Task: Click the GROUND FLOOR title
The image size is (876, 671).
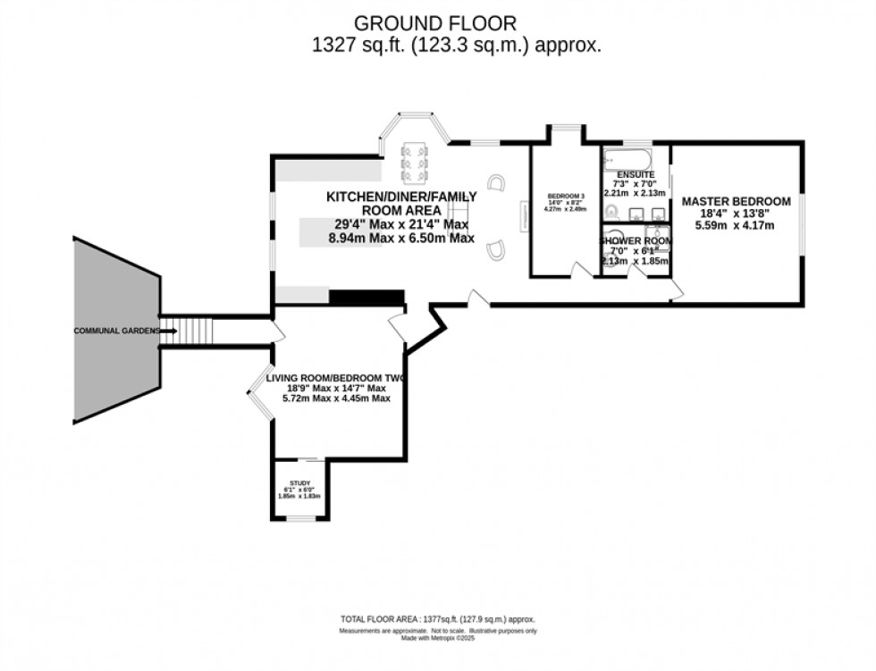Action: pos(437,21)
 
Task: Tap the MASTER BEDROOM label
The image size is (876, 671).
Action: pos(736,202)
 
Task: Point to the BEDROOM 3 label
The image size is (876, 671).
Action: pos(566,197)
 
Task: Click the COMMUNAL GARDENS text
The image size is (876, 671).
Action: pos(116,331)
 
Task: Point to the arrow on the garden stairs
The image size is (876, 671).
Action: pos(171,331)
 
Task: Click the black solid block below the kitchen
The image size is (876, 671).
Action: pos(366,298)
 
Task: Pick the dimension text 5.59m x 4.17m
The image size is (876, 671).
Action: pos(736,227)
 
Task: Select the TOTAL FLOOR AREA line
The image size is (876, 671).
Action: pos(437,619)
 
